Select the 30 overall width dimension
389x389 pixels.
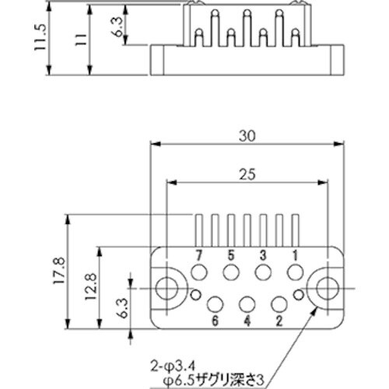[247, 135]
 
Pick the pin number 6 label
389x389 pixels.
[215, 320]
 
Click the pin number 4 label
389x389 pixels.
[247, 320]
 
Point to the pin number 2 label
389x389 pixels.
[279, 320]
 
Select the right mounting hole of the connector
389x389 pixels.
[326, 287]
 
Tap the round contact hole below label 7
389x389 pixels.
[199, 272]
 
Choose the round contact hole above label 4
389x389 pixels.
[247, 303]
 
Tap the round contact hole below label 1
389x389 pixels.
[295, 272]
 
